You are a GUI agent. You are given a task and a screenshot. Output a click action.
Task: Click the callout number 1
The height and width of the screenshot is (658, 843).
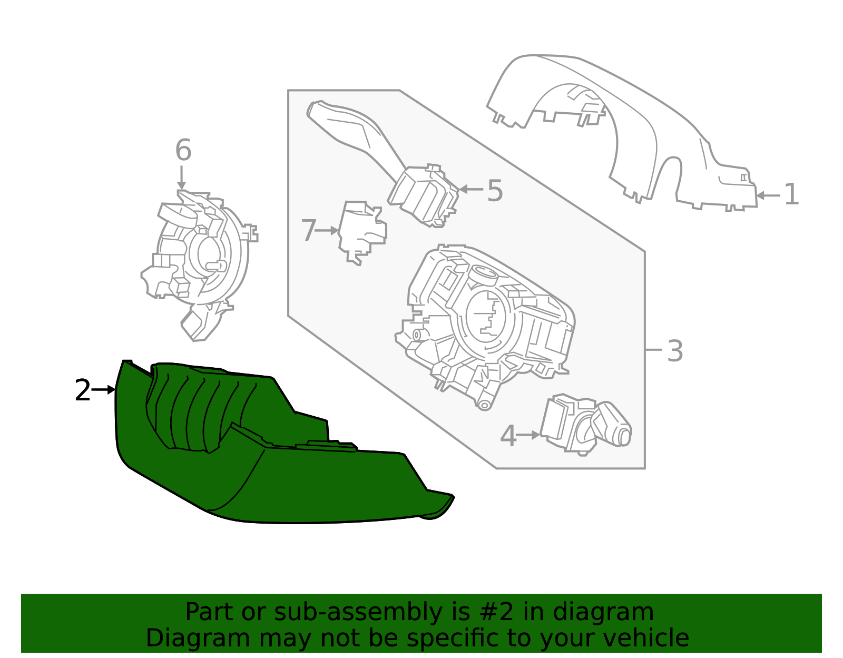point(791,194)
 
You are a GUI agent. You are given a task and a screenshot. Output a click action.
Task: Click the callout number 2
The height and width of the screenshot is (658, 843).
point(83,391)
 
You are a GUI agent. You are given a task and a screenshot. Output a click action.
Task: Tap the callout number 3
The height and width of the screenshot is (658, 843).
point(675,351)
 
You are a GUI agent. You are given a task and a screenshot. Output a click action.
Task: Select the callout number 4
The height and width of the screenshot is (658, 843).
point(508,436)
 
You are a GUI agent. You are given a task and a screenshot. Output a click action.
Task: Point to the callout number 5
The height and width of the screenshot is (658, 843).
point(495,190)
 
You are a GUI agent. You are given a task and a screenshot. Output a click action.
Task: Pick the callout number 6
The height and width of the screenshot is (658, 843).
point(183,150)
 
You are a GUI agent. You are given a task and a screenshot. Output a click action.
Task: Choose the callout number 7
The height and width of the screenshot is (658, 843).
point(309,231)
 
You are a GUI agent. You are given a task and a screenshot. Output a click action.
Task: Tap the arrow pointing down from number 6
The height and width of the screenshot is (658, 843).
point(182,178)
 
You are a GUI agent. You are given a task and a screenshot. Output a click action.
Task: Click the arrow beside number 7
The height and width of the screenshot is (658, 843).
point(328,230)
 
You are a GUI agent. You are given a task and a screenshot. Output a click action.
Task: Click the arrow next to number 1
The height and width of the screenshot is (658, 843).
point(768,195)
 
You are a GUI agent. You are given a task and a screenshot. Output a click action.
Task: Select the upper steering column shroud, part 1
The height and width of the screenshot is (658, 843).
point(632,121)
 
